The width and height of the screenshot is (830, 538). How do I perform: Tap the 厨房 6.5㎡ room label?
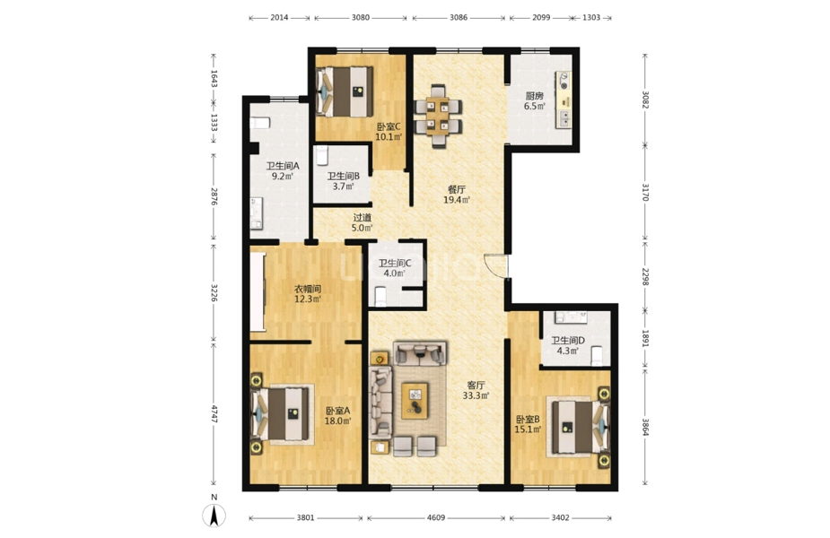pos(534,100)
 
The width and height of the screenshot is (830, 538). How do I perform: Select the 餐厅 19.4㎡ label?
pos(457,195)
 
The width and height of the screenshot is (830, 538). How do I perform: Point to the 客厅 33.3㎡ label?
pos(476,390)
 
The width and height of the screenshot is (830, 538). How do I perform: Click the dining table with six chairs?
pos(438,116)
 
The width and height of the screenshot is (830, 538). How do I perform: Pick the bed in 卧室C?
pos(345,91)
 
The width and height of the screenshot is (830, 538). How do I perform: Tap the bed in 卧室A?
pos(282,413)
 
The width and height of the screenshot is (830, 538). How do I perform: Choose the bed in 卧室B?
pos(579,427)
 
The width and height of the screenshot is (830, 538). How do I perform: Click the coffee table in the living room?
pos(415,401)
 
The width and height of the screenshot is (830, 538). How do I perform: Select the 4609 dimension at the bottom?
pos(436,518)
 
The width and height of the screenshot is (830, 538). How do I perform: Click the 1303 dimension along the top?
pos(591,17)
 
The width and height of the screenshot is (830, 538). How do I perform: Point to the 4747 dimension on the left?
pos(214,413)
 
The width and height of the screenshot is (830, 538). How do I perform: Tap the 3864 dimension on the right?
pos(645,427)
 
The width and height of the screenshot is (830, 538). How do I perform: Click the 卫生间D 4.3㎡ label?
pos(567,345)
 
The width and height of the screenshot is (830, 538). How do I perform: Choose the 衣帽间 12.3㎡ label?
pos(308,294)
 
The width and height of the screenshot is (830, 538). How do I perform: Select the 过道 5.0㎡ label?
pos(363,222)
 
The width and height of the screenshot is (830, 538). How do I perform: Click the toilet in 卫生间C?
pos(381,296)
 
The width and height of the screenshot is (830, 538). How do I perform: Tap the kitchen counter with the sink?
pos(564,100)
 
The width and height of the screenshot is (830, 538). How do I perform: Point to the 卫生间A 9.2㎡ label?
pos(282,171)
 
